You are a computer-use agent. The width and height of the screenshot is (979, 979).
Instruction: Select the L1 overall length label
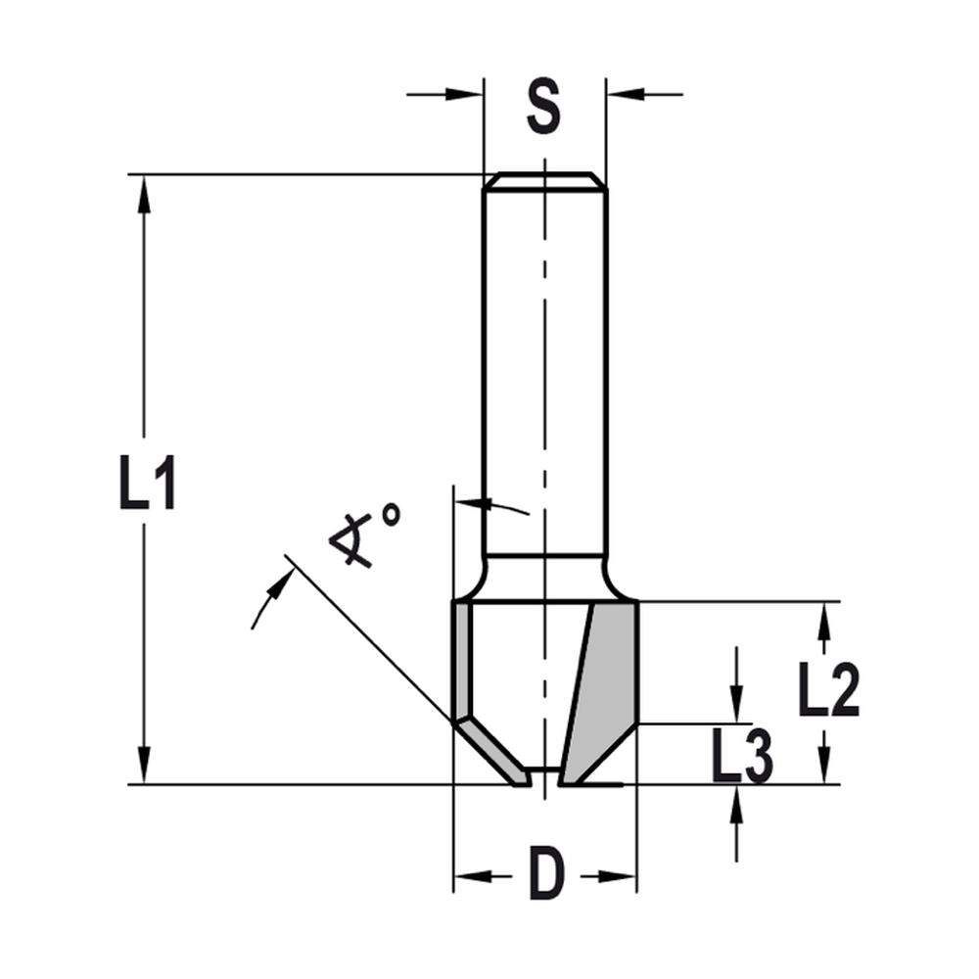(147, 480)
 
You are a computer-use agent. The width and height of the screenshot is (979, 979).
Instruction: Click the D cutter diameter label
(546, 874)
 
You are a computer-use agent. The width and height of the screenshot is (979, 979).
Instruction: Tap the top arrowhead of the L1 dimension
(145, 192)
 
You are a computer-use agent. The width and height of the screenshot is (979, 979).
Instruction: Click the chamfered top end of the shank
(545, 181)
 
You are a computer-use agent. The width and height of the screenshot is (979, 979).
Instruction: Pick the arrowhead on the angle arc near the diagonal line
(284, 580)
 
